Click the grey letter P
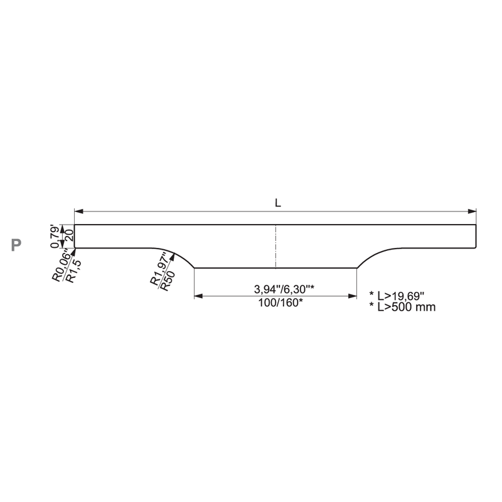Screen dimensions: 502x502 click(x=16, y=245)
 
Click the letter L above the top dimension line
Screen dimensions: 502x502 click(x=278, y=203)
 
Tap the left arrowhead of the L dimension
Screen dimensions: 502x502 click(x=79, y=211)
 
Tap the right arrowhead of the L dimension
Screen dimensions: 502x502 click(x=472, y=211)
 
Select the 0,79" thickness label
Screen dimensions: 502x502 click(x=55, y=237)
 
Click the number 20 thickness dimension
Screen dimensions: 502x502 click(x=70, y=237)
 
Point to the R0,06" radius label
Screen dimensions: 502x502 click(x=61, y=267)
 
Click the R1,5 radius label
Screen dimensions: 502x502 click(x=74, y=272)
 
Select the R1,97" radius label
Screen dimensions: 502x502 click(x=159, y=269)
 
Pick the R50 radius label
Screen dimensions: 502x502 click(x=168, y=280)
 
